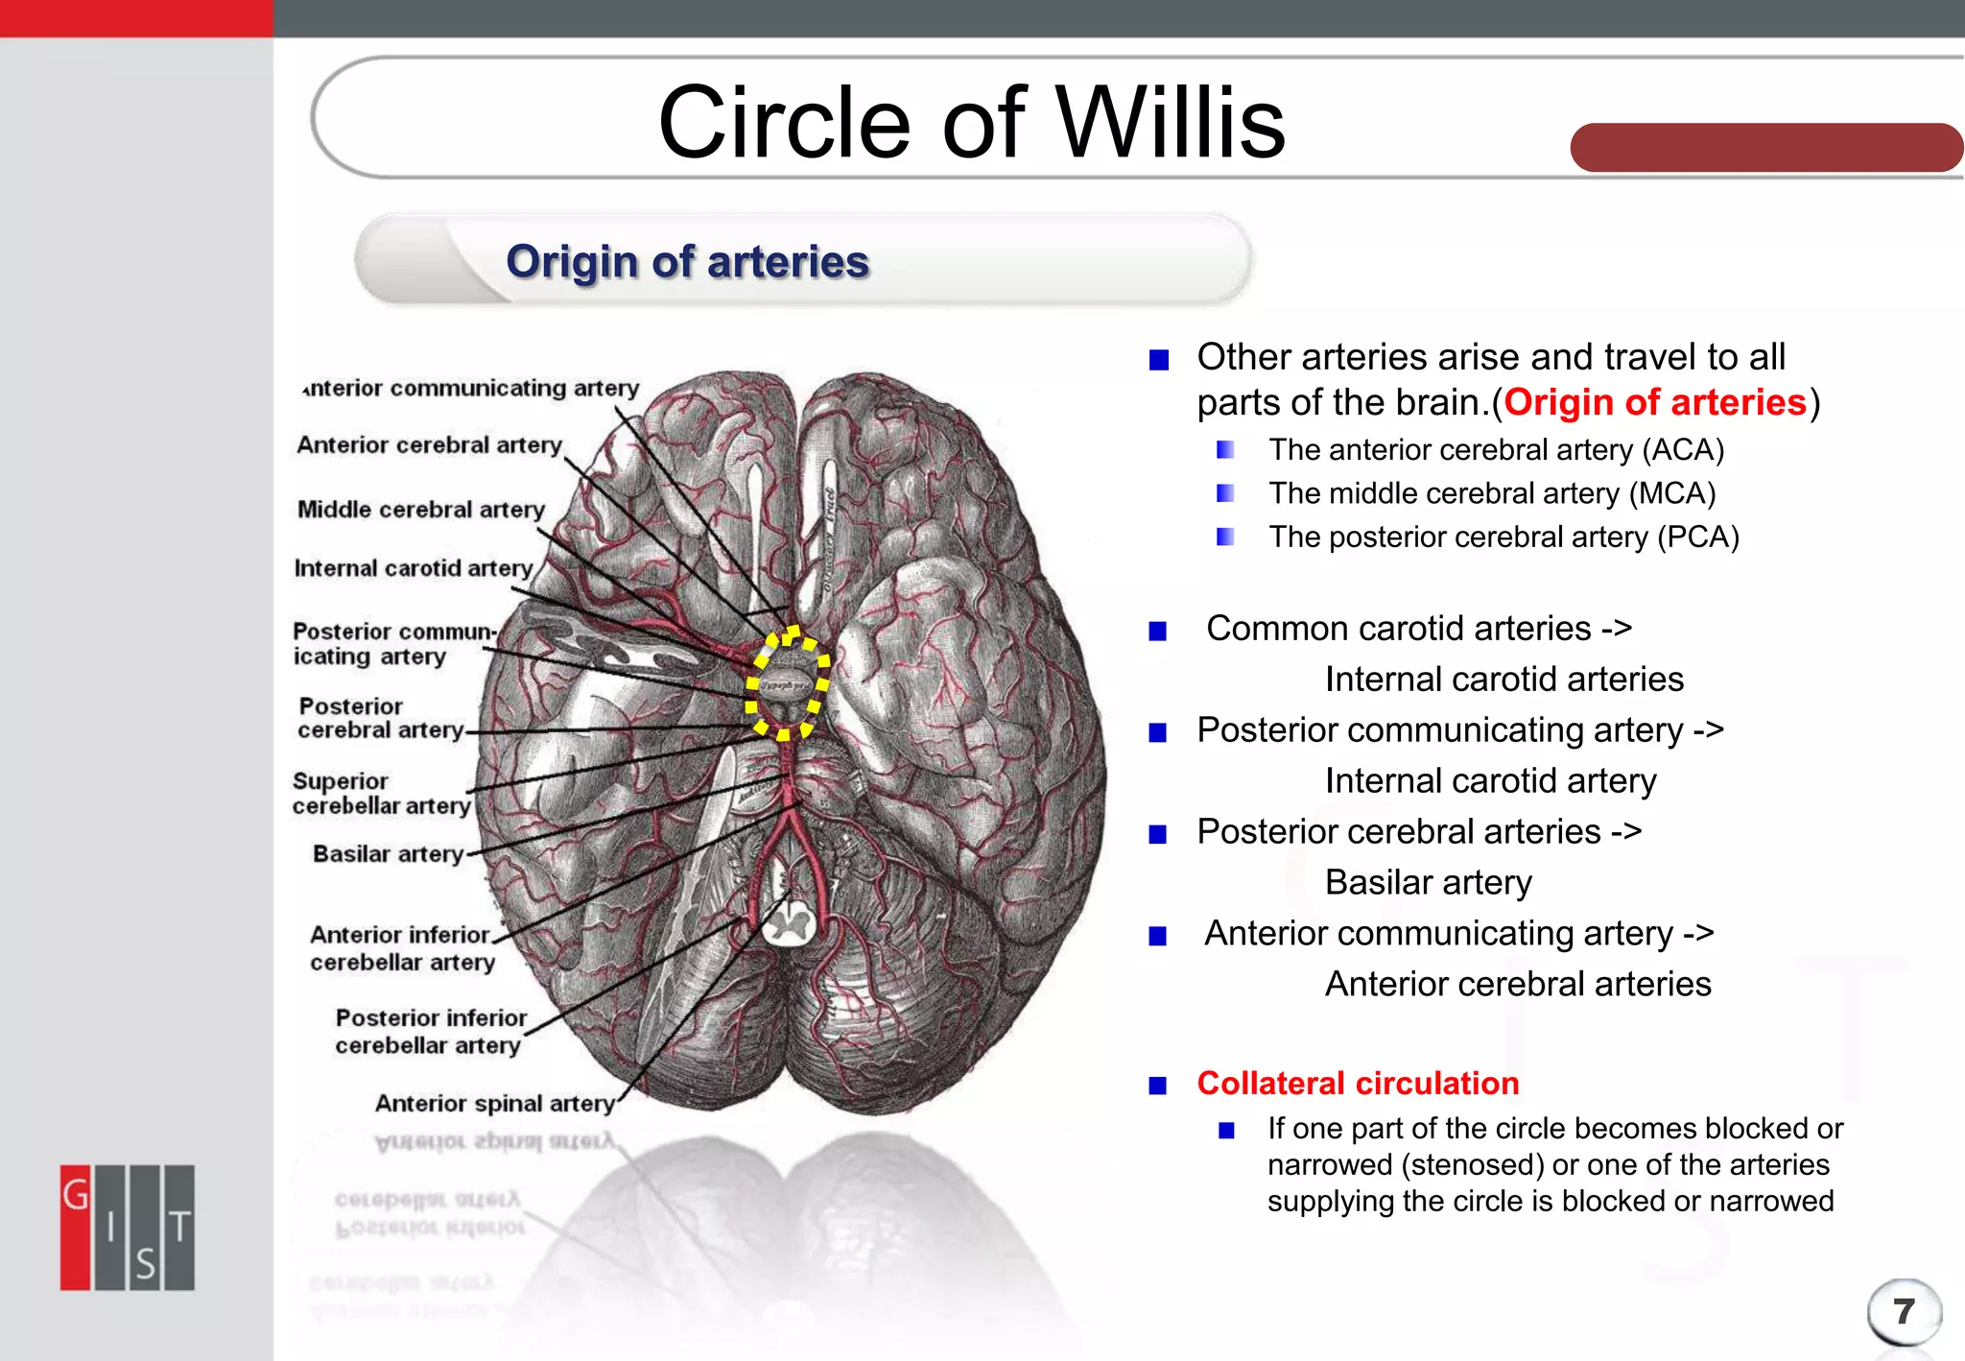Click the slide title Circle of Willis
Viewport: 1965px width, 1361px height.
971,123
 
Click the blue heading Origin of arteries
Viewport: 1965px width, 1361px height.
687,262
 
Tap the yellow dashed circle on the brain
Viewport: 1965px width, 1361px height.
788,682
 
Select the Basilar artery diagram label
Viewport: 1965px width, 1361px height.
388,853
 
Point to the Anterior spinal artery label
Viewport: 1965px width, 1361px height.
494,1103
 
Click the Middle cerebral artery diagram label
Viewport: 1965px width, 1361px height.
420,509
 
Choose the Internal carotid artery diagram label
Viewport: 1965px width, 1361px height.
413,568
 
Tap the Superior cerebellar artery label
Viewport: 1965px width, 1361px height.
381,794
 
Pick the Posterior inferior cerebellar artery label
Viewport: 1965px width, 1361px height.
430,1031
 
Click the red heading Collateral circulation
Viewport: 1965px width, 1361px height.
1357,1083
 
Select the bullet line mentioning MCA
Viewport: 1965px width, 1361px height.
1491,493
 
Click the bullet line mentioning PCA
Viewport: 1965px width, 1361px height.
1503,537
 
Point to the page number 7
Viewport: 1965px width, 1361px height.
1904,1311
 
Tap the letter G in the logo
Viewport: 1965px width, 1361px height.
76,1195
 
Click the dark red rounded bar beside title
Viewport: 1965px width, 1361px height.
1765,148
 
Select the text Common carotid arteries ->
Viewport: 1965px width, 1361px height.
1418,629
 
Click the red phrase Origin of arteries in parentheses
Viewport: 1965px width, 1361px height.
1654,402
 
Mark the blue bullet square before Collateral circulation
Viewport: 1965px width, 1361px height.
1158,1086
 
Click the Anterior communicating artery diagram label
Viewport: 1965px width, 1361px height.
470,388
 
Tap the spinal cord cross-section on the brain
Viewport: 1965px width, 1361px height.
789,924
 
